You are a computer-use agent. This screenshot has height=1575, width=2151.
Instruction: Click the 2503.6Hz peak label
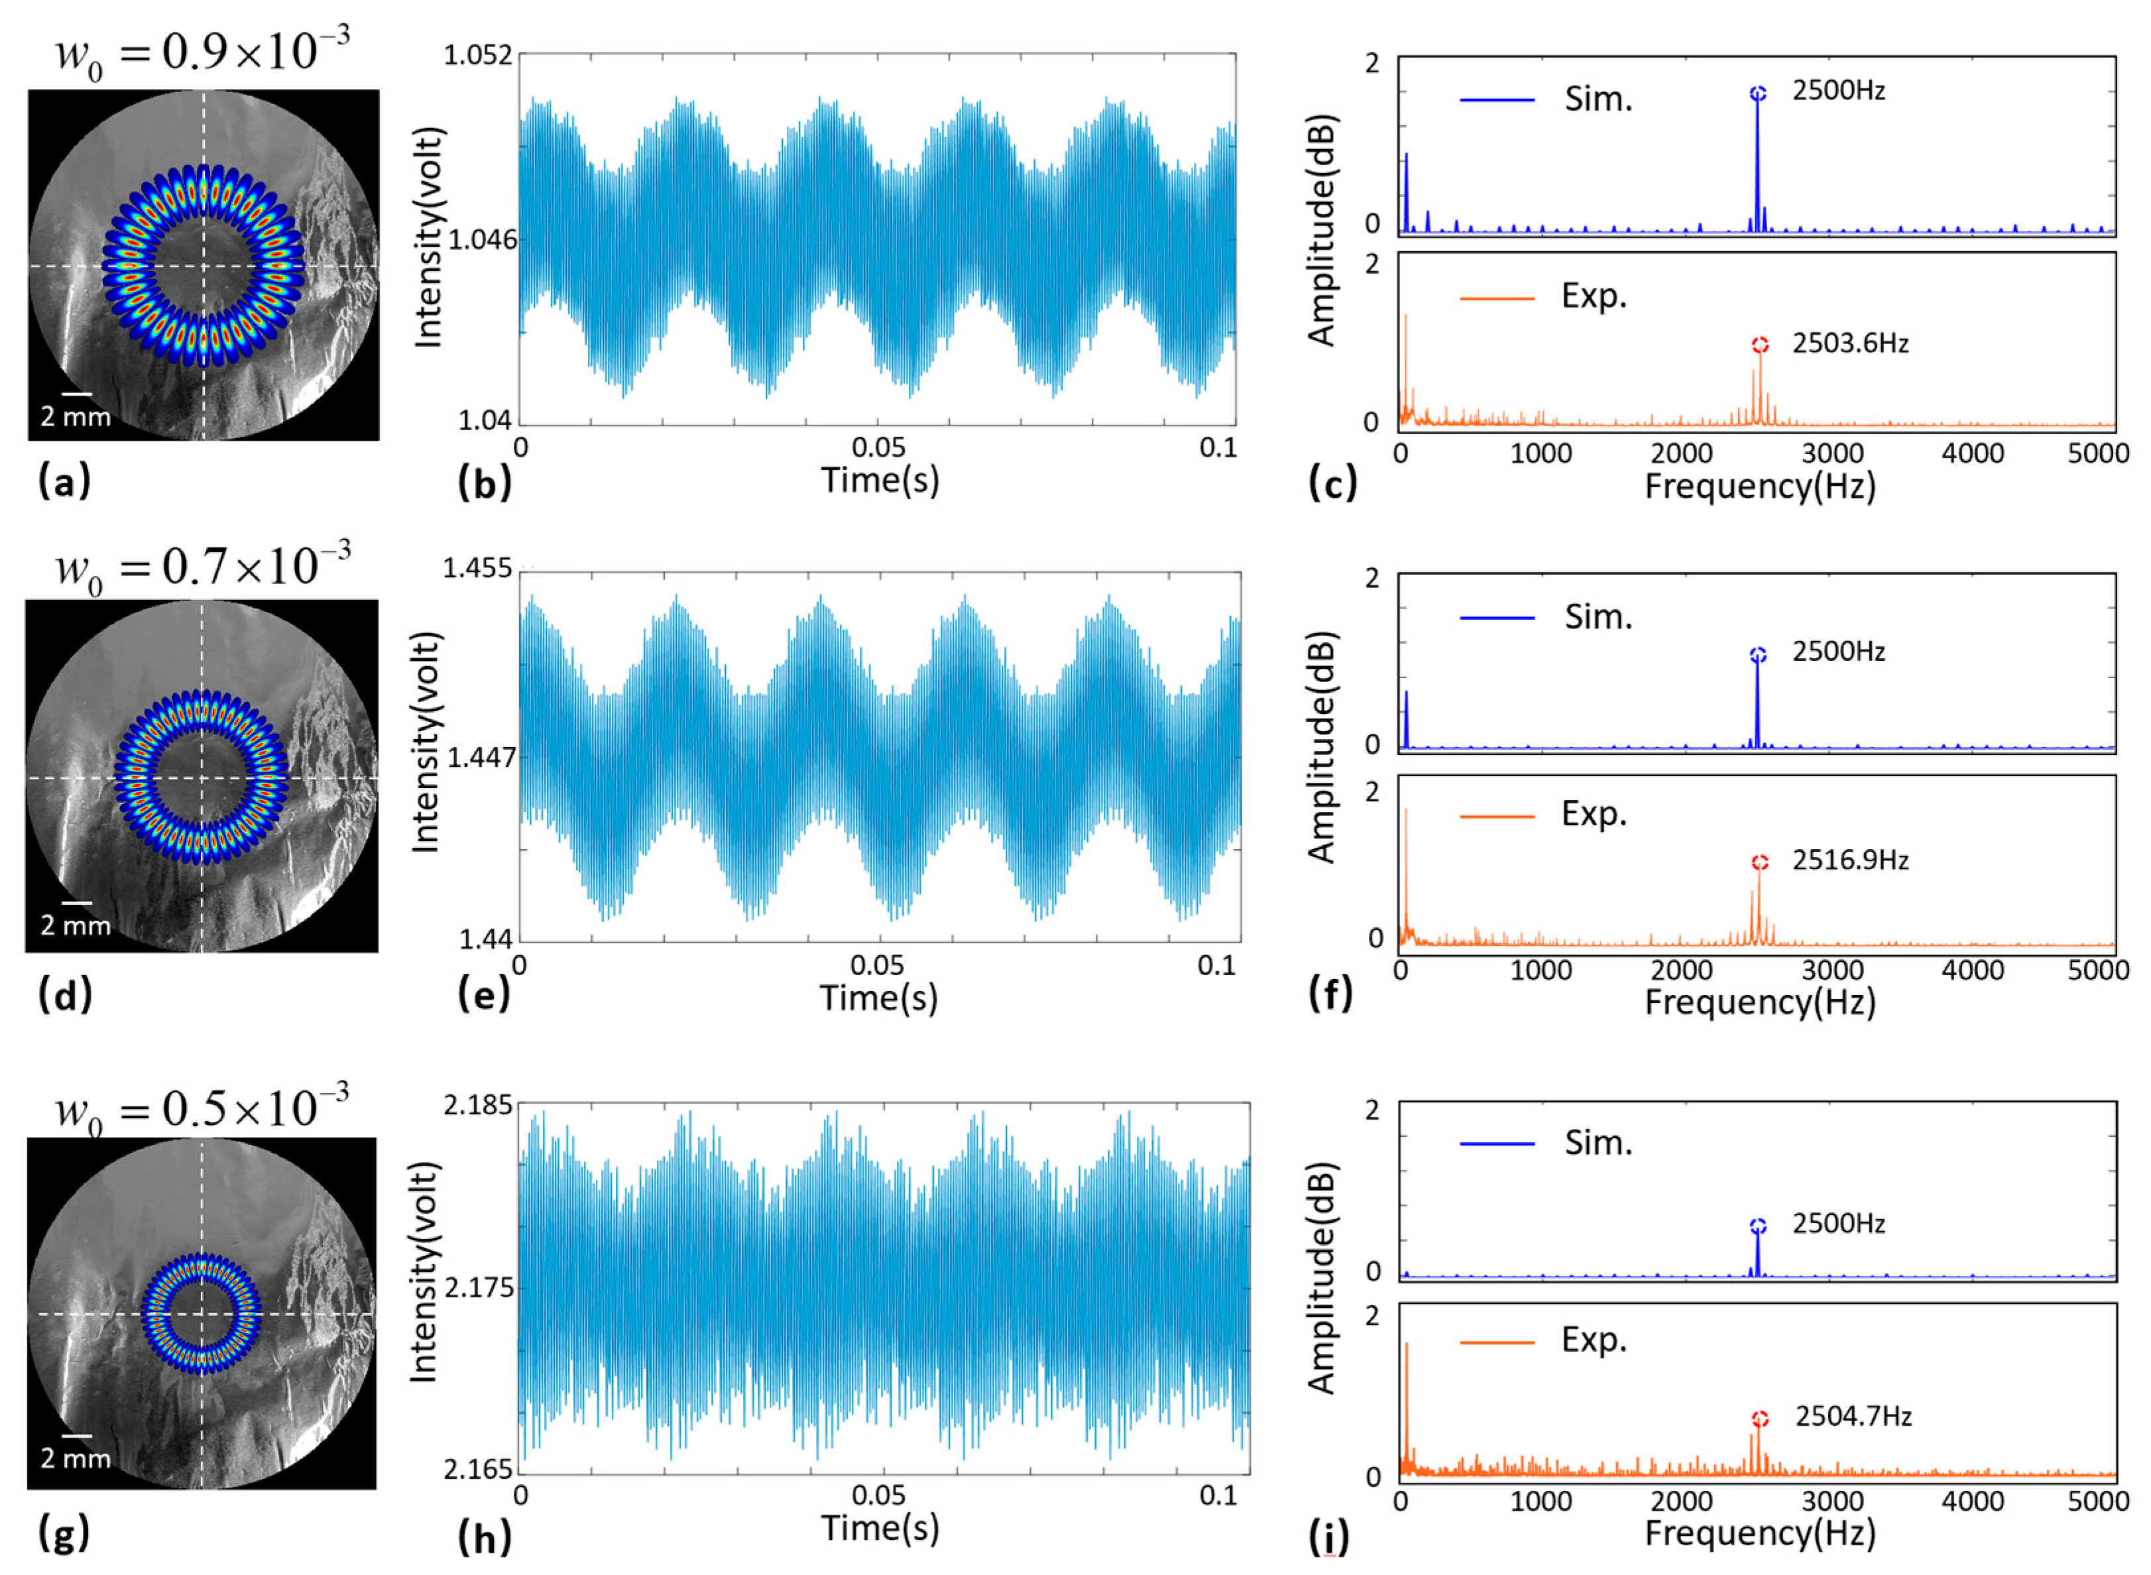pos(1849,343)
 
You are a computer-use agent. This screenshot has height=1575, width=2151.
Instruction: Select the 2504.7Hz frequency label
pos(1853,1417)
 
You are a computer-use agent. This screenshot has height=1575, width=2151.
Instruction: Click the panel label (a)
pos(64,481)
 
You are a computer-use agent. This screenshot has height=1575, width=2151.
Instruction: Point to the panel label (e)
pos(483,996)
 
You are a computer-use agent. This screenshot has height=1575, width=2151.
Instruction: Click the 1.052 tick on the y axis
pos(478,55)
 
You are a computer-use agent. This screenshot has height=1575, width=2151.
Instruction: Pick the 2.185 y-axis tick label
pos(478,1105)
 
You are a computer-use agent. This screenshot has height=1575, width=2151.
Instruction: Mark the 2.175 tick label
pos(478,1287)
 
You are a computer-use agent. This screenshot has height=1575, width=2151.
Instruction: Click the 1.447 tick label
pos(481,758)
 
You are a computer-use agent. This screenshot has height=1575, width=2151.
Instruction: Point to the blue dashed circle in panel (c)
pos(1758,93)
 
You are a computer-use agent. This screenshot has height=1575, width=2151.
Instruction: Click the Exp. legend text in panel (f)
pos(1594,813)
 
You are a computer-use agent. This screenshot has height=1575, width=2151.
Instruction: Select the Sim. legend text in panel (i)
pos(1598,1142)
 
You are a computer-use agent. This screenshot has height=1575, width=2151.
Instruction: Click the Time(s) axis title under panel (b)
pos(879,479)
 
